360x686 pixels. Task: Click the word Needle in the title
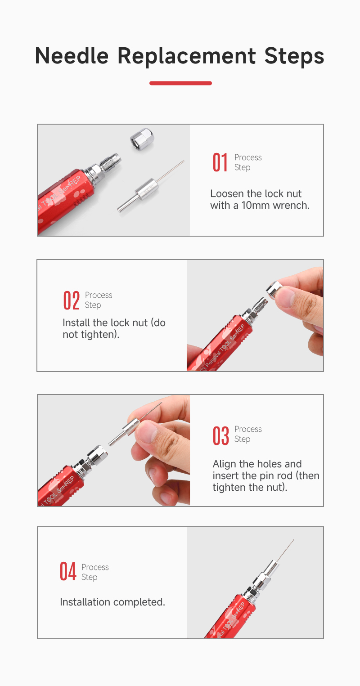pyautogui.click(x=72, y=56)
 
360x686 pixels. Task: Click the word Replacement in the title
pyautogui.click(x=187, y=57)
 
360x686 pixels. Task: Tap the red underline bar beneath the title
pyautogui.click(x=180, y=83)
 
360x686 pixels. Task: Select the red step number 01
pyautogui.click(x=220, y=162)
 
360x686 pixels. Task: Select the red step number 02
pyautogui.click(x=72, y=300)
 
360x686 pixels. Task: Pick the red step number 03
pyautogui.click(x=220, y=435)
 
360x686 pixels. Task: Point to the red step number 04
pyautogui.click(x=67, y=571)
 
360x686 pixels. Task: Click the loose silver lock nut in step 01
pyautogui.click(x=142, y=139)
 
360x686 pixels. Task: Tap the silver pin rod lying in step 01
pyautogui.click(x=150, y=186)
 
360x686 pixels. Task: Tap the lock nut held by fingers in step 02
pyautogui.click(x=274, y=290)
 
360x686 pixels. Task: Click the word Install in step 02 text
pyautogui.click(x=76, y=323)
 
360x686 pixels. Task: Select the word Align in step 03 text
pyautogui.click(x=225, y=464)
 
